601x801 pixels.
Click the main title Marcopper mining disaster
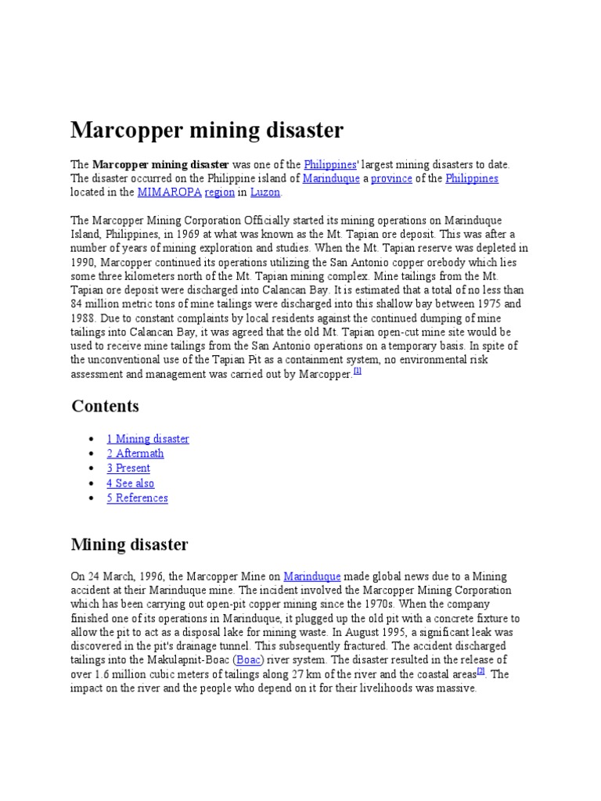pyautogui.click(x=207, y=129)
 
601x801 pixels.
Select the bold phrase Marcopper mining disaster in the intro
pyautogui.click(x=160, y=165)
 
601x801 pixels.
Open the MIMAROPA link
pyautogui.click(x=168, y=192)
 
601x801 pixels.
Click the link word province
pyautogui.click(x=391, y=179)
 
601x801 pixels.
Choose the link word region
pyautogui.click(x=219, y=192)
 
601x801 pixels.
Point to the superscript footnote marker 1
pyautogui.click(x=357, y=372)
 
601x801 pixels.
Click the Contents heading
pyautogui.click(x=105, y=406)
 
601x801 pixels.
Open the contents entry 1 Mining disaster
pyautogui.click(x=148, y=439)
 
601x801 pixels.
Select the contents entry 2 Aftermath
pyautogui.click(x=135, y=454)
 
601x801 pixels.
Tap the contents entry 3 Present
pyautogui.click(x=128, y=469)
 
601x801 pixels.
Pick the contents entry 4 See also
pyautogui.click(x=131, y=483)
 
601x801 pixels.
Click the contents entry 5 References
pyautogui.click(x=137, y=498)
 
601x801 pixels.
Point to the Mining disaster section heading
pyautogui.click(x=129, y=544)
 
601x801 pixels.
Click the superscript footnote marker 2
pyautogui.click(x=481, y=671)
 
